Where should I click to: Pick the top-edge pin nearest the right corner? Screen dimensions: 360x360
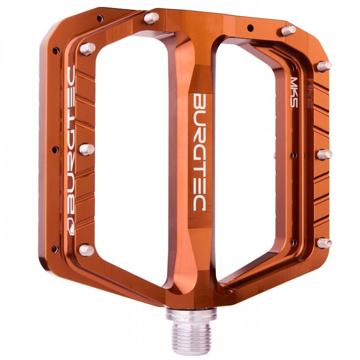coord(288,30)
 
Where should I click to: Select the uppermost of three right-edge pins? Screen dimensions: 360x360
coord(324,66)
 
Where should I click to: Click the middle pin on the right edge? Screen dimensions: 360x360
coord(324,154)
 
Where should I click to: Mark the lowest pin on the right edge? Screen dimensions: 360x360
coord(324,243)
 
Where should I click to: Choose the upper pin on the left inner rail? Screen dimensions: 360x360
coord(87,49)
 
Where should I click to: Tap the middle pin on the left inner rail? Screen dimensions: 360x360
coord(86,149)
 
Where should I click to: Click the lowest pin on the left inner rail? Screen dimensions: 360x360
coord(86,250)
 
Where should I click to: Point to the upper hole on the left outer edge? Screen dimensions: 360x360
coord(56,51)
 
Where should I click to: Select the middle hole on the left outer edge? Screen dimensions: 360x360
coord(55,149)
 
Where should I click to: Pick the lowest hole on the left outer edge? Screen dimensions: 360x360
coord(55,248)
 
